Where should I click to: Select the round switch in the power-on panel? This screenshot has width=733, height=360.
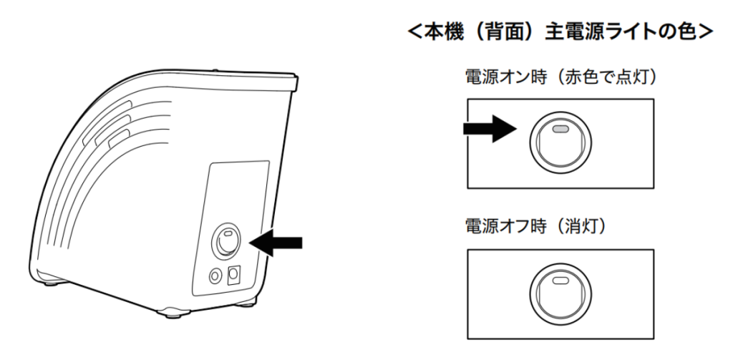tap(560, 140)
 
